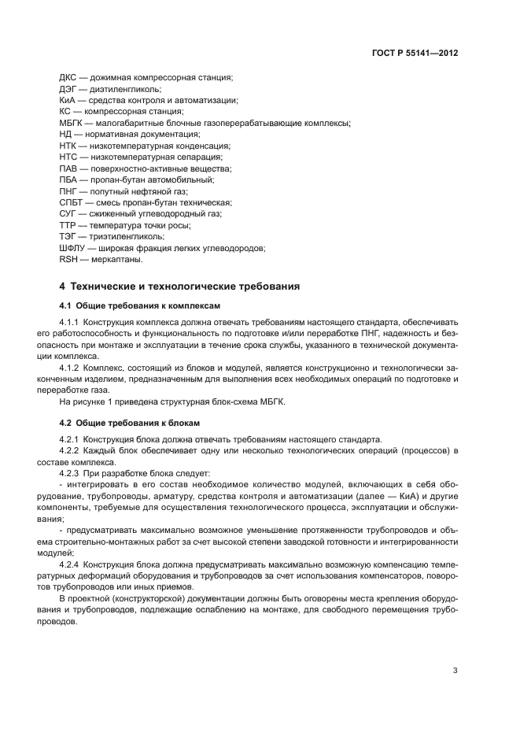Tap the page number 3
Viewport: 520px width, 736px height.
[455, 671]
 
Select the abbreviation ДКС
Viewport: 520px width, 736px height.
[68, 77]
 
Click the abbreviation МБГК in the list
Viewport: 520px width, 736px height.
[72, 123]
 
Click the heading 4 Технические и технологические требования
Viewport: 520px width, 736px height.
[179, 286]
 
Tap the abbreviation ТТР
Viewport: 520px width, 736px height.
[68, 225]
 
